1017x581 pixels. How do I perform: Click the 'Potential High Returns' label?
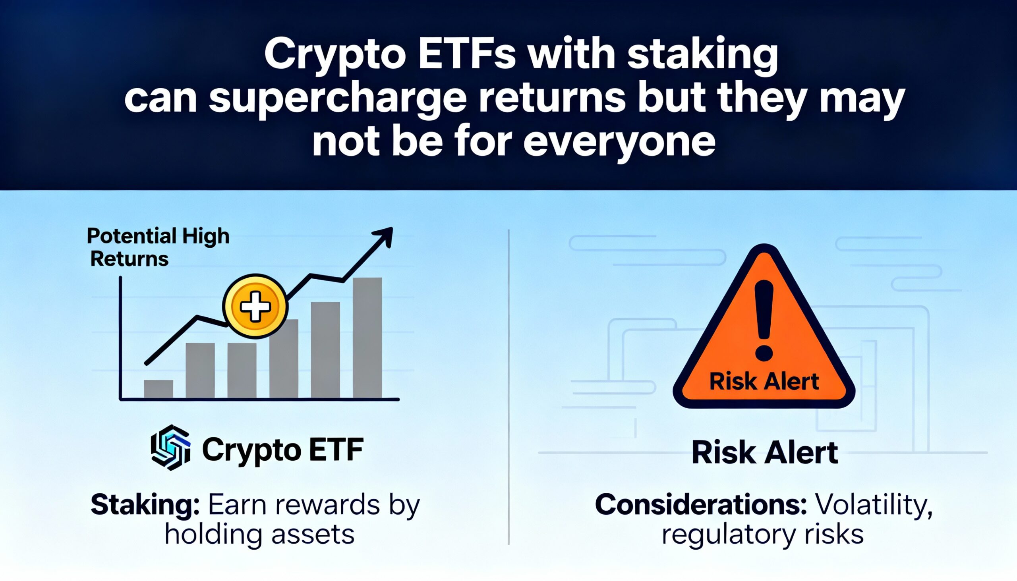click(x=158, y=247)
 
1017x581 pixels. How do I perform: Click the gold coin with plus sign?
click(x=255, y=307)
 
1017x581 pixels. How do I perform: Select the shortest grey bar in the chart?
click(x=159, y=389)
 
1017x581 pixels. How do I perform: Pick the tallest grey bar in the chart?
click(x=367, y=338)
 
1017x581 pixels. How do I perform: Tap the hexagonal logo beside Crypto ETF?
click(x=170, y=448)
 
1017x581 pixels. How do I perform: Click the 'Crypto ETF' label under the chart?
click(x=282, y=450)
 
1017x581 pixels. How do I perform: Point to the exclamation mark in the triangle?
click(x=764, y=320)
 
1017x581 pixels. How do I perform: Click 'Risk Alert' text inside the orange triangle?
click(x=764, y=382)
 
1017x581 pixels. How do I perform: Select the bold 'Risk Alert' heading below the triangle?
click(x=764, y=453)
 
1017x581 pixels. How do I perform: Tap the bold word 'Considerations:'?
click(x=701, y=504)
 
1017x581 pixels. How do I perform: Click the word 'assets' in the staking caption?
click(x=313, y=535)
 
